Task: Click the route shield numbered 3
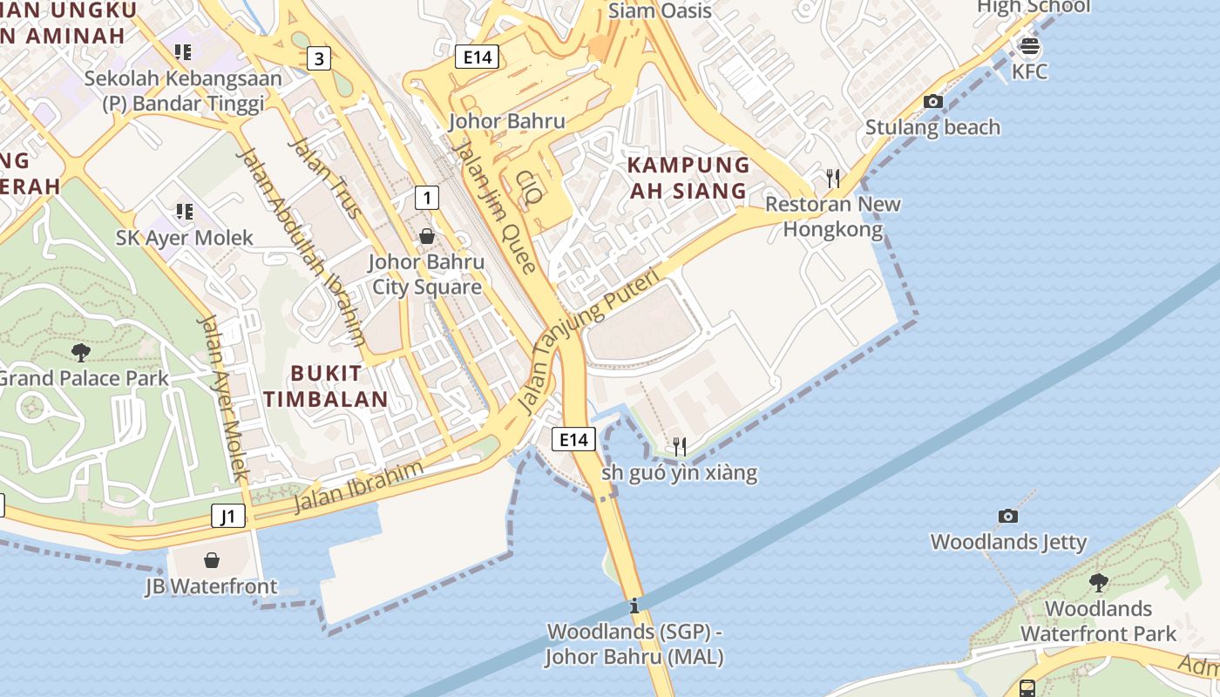320,58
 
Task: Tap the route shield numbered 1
426,198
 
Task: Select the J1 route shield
227,516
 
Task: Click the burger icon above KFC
1029,45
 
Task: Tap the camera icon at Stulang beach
932,101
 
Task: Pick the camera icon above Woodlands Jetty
1008,516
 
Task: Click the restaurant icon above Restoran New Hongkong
833,179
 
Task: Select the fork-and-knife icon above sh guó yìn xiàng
680,447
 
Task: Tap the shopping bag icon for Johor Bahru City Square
427,236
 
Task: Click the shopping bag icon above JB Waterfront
211,560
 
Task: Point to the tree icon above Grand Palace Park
81,352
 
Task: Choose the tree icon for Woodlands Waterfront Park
1098,582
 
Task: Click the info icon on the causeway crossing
634,606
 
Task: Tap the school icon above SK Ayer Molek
184,212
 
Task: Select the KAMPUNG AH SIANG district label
688,178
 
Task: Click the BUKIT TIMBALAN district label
326,386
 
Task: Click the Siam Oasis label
660,11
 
